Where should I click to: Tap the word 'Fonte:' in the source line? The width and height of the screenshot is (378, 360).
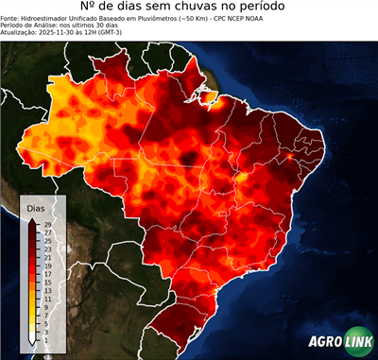coord(12,24)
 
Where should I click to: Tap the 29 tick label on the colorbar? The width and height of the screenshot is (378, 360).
coord(47,225)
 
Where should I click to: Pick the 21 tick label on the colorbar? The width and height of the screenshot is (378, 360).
coord(47,255)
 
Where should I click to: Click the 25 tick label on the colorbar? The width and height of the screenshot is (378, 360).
coord(47,240)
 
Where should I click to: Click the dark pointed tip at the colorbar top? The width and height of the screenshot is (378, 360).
coord(31,219)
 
